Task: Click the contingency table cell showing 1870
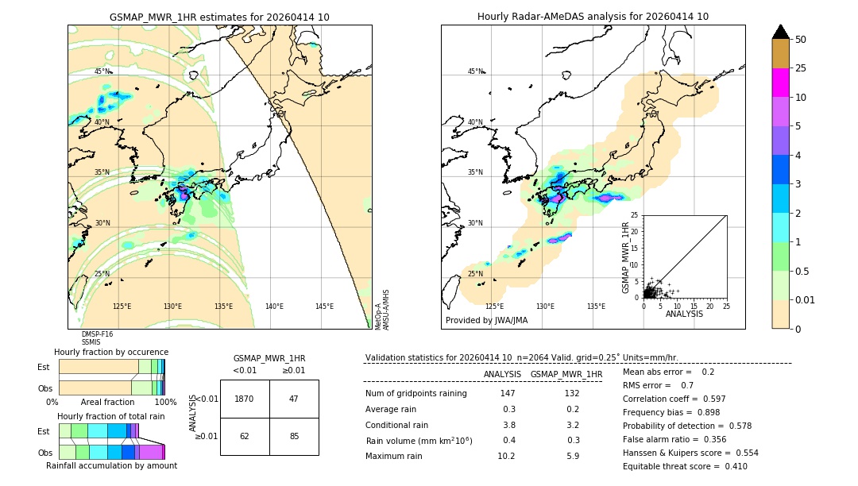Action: click(245, 399)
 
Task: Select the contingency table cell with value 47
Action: click(294, 399)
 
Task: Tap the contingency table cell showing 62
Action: click(245, 436)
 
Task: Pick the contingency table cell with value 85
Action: click(294, 436)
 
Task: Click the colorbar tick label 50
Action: click(801, 40)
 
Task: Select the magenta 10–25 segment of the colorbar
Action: click(781, 83)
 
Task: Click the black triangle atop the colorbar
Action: click(781, 32)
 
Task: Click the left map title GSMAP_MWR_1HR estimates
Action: click(219, 17)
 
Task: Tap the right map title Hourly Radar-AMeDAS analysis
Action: click(593, 17)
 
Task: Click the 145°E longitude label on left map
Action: click(324, 307)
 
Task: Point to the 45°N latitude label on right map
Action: click(475, 71)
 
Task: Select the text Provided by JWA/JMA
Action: click(486, 321)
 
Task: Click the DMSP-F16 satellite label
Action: click(97, 334)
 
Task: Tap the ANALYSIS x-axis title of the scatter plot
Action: click(685, 314)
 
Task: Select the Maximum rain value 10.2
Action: click(506, 457)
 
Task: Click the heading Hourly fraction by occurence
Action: click(111, 352)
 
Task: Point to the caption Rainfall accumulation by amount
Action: click(111, 465)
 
